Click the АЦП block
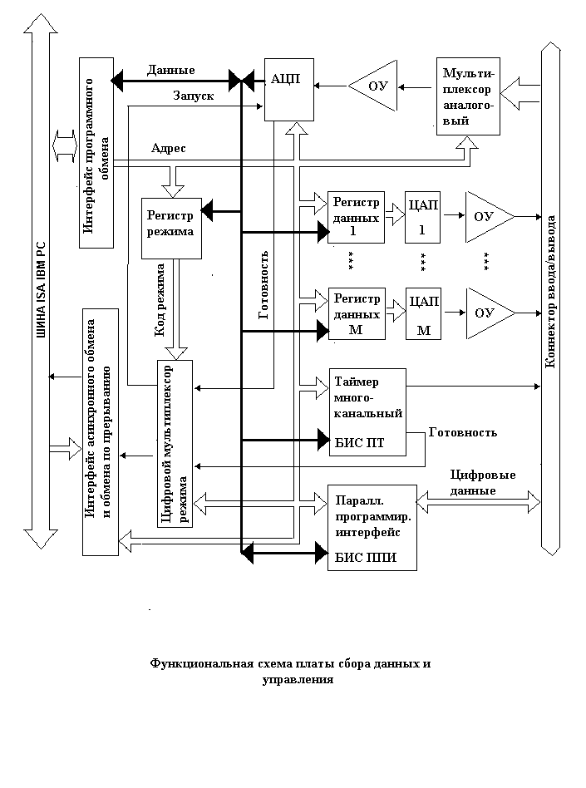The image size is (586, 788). [289, 90]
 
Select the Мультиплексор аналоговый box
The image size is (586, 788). [468, 96]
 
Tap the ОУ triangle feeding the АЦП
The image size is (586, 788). [372, 86]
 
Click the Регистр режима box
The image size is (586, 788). [171, 228]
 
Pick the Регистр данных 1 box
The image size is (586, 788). [356, 217]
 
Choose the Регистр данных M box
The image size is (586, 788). [357, 313]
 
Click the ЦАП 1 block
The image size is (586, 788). [422, 217]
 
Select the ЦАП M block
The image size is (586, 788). [423, 313]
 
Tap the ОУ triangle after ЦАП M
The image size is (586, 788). [490, 313]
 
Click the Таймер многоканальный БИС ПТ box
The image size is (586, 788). [367, 412]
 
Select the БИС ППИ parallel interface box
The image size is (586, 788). [372, 528]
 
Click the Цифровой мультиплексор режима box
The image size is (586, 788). [175, 444]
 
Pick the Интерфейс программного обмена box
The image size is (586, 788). [96, 153]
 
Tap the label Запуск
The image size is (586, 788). [194, 96]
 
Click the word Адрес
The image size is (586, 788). [169, 148]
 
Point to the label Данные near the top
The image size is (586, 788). [171, 71]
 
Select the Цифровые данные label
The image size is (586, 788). [482, 482]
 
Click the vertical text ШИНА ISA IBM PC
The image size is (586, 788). [41, 290]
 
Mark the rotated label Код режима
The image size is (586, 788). [160, 300]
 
